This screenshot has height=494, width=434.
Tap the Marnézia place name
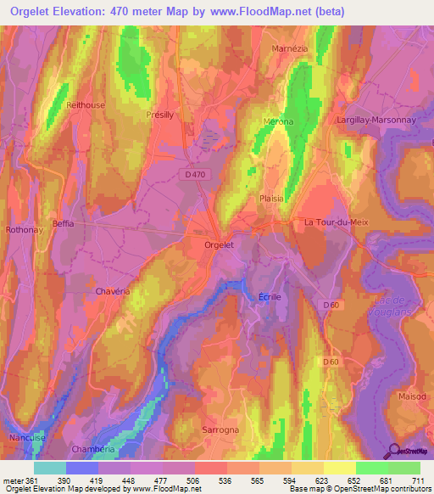coord(288,48)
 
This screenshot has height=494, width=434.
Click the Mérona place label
coord(278,121)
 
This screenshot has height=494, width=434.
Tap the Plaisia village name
coord(271,197)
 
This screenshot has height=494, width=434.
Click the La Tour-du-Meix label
coord(332,222)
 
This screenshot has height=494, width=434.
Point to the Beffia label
coord(63,224)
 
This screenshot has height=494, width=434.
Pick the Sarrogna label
coord(221,430)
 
